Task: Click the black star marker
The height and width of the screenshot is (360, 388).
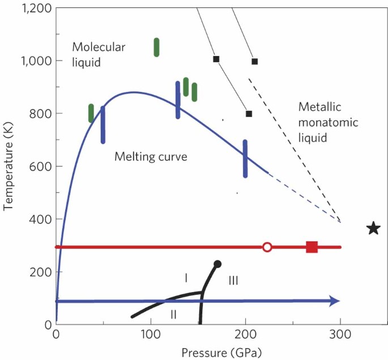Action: coord(373,228)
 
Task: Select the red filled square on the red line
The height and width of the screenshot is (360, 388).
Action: coord(312,247)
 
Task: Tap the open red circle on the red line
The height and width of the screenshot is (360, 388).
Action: coord(267,247)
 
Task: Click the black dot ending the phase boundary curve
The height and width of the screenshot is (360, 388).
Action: coord(218,264)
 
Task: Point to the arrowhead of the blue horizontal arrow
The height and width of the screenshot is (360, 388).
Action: coord(334,301)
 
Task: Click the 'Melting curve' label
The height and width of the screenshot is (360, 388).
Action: coord(151,156)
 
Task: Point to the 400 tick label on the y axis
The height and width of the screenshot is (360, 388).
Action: coord(39,219)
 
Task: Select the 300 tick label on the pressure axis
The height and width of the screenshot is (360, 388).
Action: coord(340,335)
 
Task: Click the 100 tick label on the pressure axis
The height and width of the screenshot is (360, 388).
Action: coord(151,335)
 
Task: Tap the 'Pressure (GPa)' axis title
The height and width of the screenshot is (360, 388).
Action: coord(214,352)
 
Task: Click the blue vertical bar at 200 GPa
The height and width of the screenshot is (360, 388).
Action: coord(245,159)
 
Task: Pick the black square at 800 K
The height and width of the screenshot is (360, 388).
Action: coord(249,113)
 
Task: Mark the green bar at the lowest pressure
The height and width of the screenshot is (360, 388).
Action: coord(91,113)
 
